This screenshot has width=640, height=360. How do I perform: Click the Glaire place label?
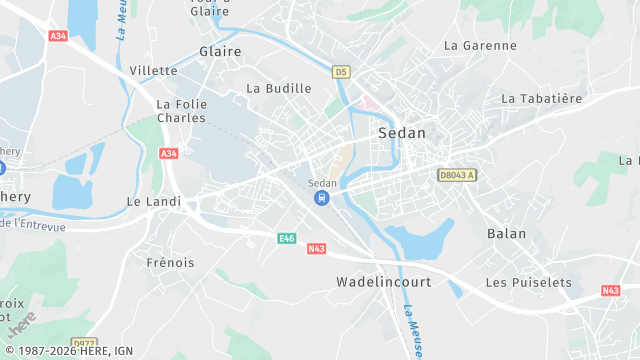coord(220,51)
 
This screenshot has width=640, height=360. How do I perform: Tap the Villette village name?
coord(153,71)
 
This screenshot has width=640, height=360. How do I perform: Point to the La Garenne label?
coord(480,46)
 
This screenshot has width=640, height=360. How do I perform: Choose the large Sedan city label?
coord(402,133)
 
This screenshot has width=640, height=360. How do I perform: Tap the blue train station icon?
coord(322,198)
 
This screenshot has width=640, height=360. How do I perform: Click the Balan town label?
coord(506,233)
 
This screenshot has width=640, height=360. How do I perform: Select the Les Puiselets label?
coord(528,283)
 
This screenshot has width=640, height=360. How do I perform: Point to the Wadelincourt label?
coord(384,283)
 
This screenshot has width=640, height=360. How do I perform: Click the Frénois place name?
coord(170,263)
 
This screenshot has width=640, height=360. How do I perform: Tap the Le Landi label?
coord(154,201)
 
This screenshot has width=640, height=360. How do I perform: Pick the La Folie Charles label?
coord(181,111)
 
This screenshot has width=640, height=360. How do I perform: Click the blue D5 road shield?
coord(341,72)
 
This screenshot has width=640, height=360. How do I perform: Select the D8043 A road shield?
coord(457,175)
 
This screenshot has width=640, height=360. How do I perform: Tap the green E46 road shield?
coord(287,238)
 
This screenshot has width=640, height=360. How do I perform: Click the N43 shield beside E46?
coord(316,249)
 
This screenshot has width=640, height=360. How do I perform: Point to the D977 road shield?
coord(86,343)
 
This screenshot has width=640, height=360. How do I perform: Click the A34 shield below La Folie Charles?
coord(168,153)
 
